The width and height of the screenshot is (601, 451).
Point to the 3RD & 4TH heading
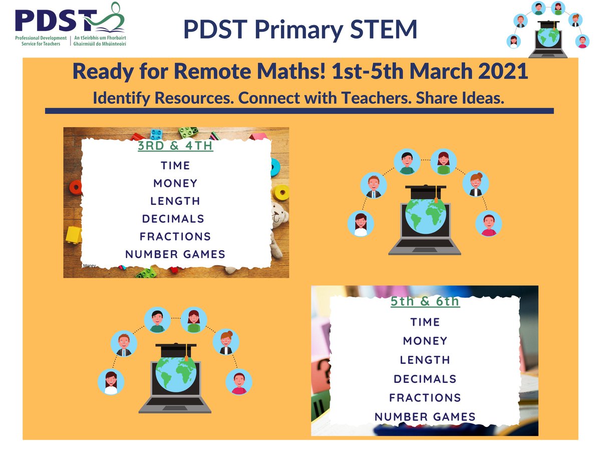[175, 146]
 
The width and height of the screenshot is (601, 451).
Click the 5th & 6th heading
[425, 302]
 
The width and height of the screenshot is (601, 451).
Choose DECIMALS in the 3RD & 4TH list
[173, 218]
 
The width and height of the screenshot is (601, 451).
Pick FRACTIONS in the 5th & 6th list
[425, 397]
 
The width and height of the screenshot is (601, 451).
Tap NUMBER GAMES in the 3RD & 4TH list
[175, 254]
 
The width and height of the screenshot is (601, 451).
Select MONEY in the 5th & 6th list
[425, 341]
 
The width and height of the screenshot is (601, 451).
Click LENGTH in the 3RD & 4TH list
[175, 201]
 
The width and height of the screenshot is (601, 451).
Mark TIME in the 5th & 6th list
[425, 322]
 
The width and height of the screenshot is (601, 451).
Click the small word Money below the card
[90, 266]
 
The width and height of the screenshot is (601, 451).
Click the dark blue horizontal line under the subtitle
[299, 111]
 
